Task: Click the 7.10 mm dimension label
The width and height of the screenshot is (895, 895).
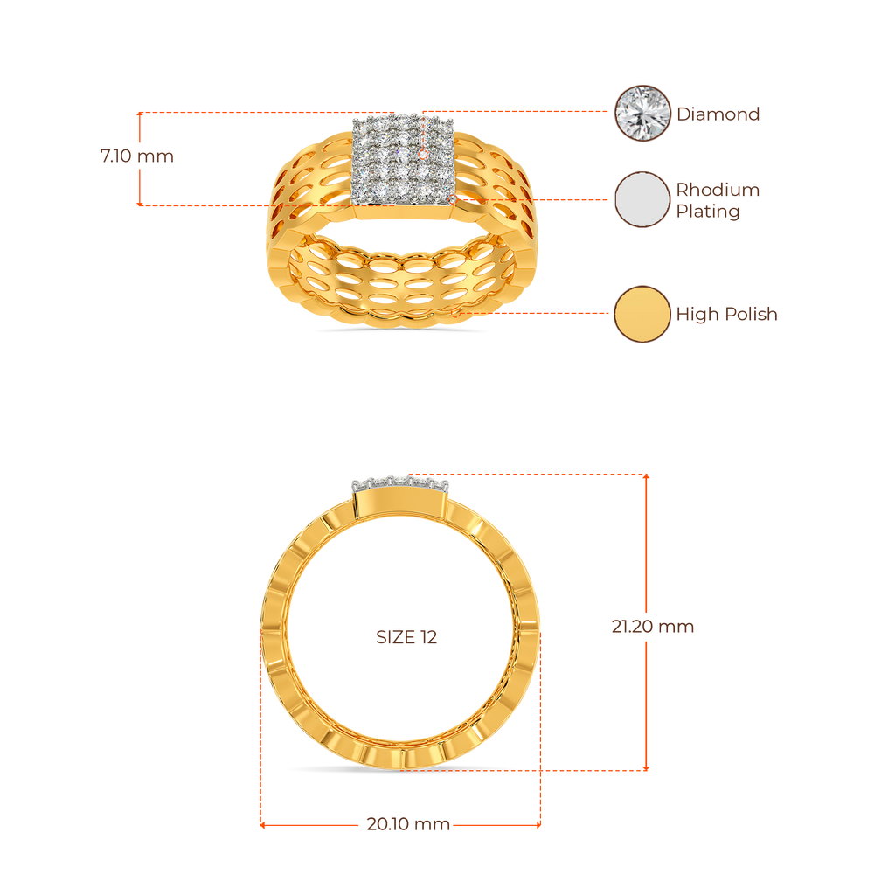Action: pyautogui.click(x=137, y=156)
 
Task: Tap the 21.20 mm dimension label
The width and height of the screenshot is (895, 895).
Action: pyautogui.click(x=652, y=626)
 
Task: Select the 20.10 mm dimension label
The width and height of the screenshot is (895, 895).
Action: pyautogui.click(x=408, y=823)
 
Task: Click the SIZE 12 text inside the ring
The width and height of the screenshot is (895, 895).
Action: pyautogui.click(x=406, y=637)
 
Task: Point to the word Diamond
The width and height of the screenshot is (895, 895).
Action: pyautogui.click(x=718, y=114)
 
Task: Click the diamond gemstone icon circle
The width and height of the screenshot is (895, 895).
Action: pyautogui.click(x=642, y=114)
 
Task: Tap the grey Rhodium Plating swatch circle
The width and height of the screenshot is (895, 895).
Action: pyautogui.click(x=642, y=199)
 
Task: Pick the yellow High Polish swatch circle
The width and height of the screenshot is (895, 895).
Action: pyautogui.click(x=642, y=314)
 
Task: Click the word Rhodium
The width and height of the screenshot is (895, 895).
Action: pyautogui.click(x=718, y=190)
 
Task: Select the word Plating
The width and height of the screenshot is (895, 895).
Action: pyautogui.click(x=708, y=212)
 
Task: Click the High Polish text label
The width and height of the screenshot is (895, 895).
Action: pyautogui.click(x=726, y=314)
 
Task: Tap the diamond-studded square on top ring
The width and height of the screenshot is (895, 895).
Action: pyautogui.click(x=403, y=160)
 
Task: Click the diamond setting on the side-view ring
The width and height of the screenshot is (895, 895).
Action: pyautogui.click(x=399, y=484)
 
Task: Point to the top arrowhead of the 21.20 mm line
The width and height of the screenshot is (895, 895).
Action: pyautogui.click(x=646, y=476)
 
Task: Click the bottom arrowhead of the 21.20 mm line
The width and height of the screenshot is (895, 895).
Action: pyautogui.click(x=646, y=767)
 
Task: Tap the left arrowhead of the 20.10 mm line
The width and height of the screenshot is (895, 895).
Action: pyautogui.click(x=262, y=825)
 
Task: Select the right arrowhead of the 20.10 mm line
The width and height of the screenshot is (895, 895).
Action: pyautogui.click(x=538, y=825)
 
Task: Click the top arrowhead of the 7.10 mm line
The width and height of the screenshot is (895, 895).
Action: pyautogui.click(x=140, y=114)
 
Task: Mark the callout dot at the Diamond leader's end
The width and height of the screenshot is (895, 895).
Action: pyautogui.click(x=424, y=155)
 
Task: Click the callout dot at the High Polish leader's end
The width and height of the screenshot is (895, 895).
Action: pyautogui.click(x=455, y=313)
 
